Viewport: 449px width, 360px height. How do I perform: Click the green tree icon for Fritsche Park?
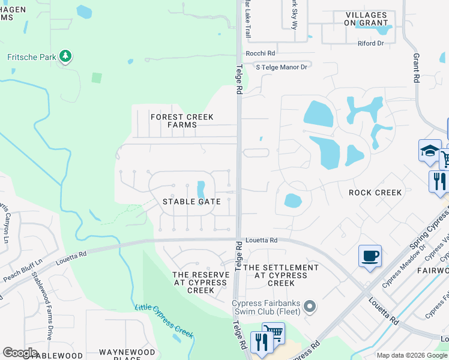(65, 57)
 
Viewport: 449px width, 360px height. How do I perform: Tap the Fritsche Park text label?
(31, 58)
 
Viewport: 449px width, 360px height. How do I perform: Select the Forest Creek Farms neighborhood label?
(173, 121)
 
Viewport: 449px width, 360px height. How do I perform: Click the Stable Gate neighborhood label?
(191, 202)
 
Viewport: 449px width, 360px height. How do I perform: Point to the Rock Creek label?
(375, 193)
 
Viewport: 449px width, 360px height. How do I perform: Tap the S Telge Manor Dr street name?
(282, 67)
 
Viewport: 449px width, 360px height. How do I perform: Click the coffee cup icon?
(370, 256)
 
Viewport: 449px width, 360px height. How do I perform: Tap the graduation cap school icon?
(430, 151)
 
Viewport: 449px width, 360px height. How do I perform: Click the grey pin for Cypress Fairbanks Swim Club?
(310, 307)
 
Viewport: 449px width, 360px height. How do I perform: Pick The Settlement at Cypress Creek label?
(280, 275)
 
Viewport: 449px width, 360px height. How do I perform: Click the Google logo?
(20, 352)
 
